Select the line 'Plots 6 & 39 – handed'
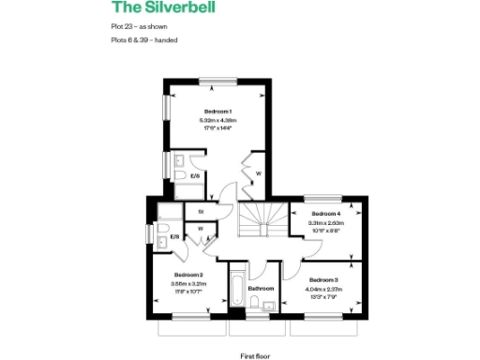click(143, 41)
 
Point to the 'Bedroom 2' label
click(188, 275)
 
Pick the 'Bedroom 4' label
click(325, 214)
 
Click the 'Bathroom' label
click(262, 288)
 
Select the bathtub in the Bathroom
click(236, 290)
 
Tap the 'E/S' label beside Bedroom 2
click(174, 237)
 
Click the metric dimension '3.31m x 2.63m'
click(325, 223)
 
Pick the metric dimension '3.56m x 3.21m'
click(188, 283)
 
